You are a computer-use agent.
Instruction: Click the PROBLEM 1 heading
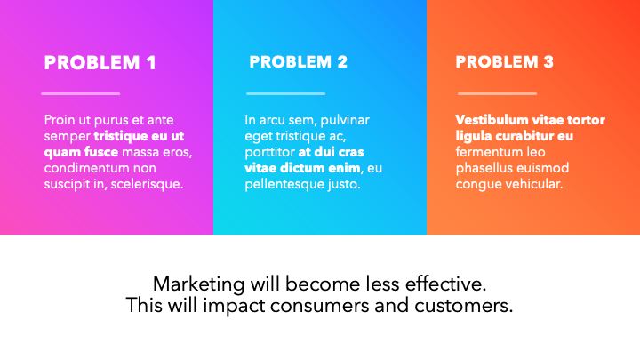click(100, 63)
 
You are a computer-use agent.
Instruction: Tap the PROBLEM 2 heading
click(299, 62)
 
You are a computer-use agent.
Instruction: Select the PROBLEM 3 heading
click(505, 62)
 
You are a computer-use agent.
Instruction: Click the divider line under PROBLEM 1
click(80, 94)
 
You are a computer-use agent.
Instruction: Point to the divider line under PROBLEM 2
click(285, 94)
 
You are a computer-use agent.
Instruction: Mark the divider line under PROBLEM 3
click(497, 94)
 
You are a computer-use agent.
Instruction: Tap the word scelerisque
click(147, 185)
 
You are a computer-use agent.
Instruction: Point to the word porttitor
click(270, 153)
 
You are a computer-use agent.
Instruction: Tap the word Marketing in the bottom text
click(199, 284)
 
